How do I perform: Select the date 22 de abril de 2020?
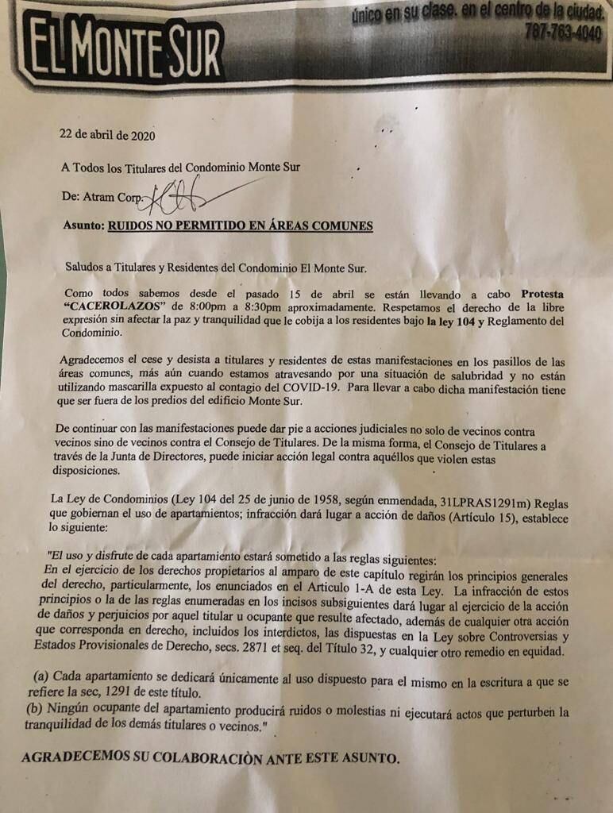[x=107, y=134]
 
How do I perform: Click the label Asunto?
[x=83, y=225]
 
